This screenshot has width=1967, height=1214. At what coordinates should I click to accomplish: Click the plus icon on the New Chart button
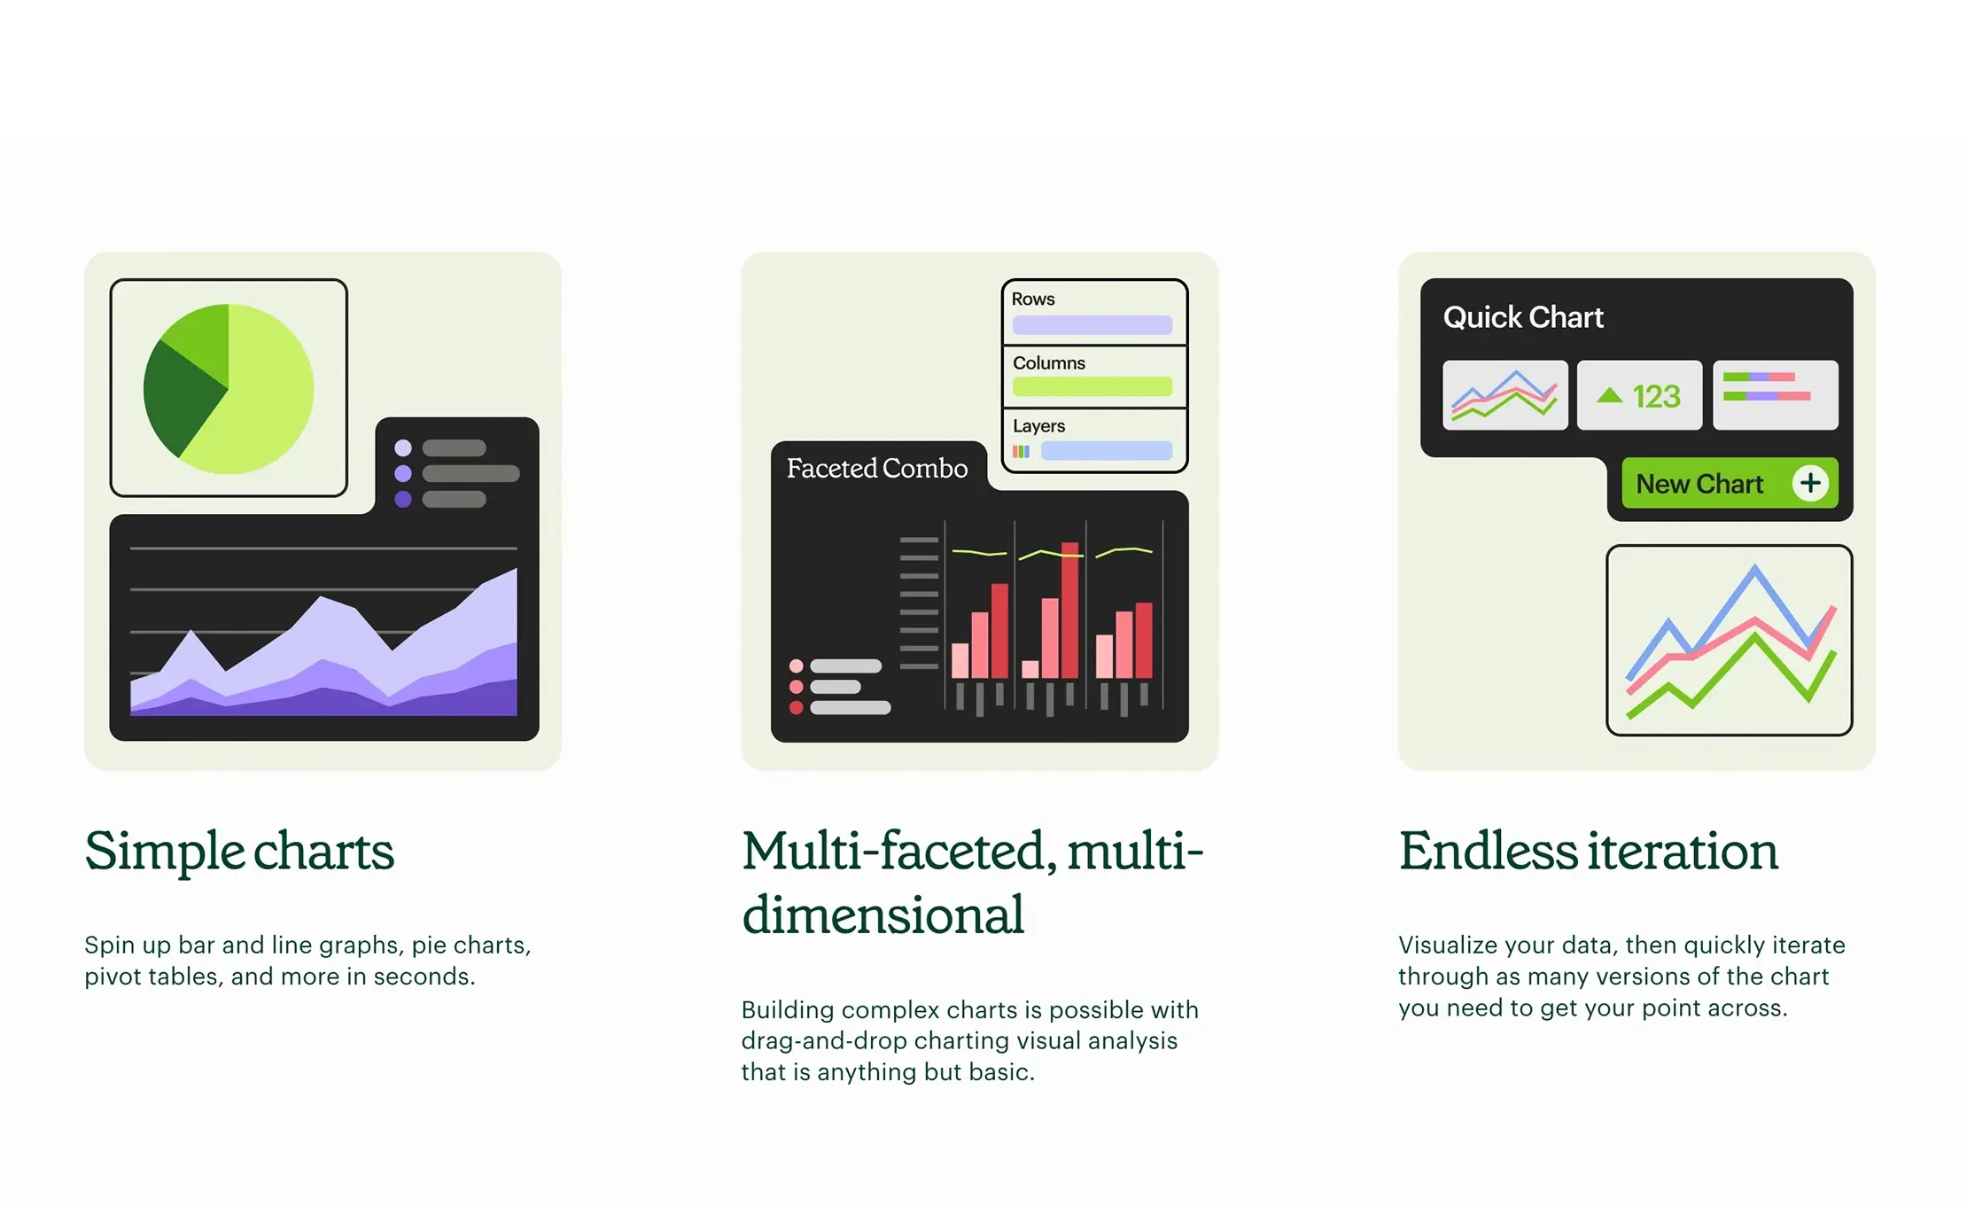click(x=1810, y=483)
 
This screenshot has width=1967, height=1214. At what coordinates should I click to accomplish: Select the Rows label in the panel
click(x=1033, y=300)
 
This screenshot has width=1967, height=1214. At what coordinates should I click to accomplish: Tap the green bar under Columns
click(x=1092, y=386)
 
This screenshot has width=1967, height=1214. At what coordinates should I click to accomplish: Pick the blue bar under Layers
click(x=1107, y=451)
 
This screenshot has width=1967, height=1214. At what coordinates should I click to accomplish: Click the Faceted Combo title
click(x=877, y=468)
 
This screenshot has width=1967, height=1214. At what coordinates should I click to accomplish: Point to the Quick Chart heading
click(x=1523, y=317)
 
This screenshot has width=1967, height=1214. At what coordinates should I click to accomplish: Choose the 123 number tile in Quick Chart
click(x=1639, y=395)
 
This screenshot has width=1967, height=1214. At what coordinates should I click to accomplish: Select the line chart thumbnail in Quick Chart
click(x=1505, y=395)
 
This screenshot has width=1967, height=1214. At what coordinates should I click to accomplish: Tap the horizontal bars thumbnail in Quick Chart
click(x=1776, y=395)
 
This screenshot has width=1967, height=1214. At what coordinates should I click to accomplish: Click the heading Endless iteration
click(x=1589, y=851)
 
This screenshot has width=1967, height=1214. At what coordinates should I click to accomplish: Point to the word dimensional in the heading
click(x=883, y=914)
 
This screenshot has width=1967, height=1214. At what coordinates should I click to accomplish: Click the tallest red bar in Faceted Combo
click(x=1070, y=611)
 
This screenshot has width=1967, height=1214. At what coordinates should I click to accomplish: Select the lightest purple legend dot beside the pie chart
click(x=403, y=447)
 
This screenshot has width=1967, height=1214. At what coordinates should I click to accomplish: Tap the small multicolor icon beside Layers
click(x=1022, y=452)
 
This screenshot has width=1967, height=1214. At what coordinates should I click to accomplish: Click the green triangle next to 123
click(x=1610, y=395)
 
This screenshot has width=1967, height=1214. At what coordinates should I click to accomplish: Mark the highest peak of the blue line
click(x=1754, y=567)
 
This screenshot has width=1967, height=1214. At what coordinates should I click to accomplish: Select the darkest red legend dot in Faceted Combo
click(x=797, y=708)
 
